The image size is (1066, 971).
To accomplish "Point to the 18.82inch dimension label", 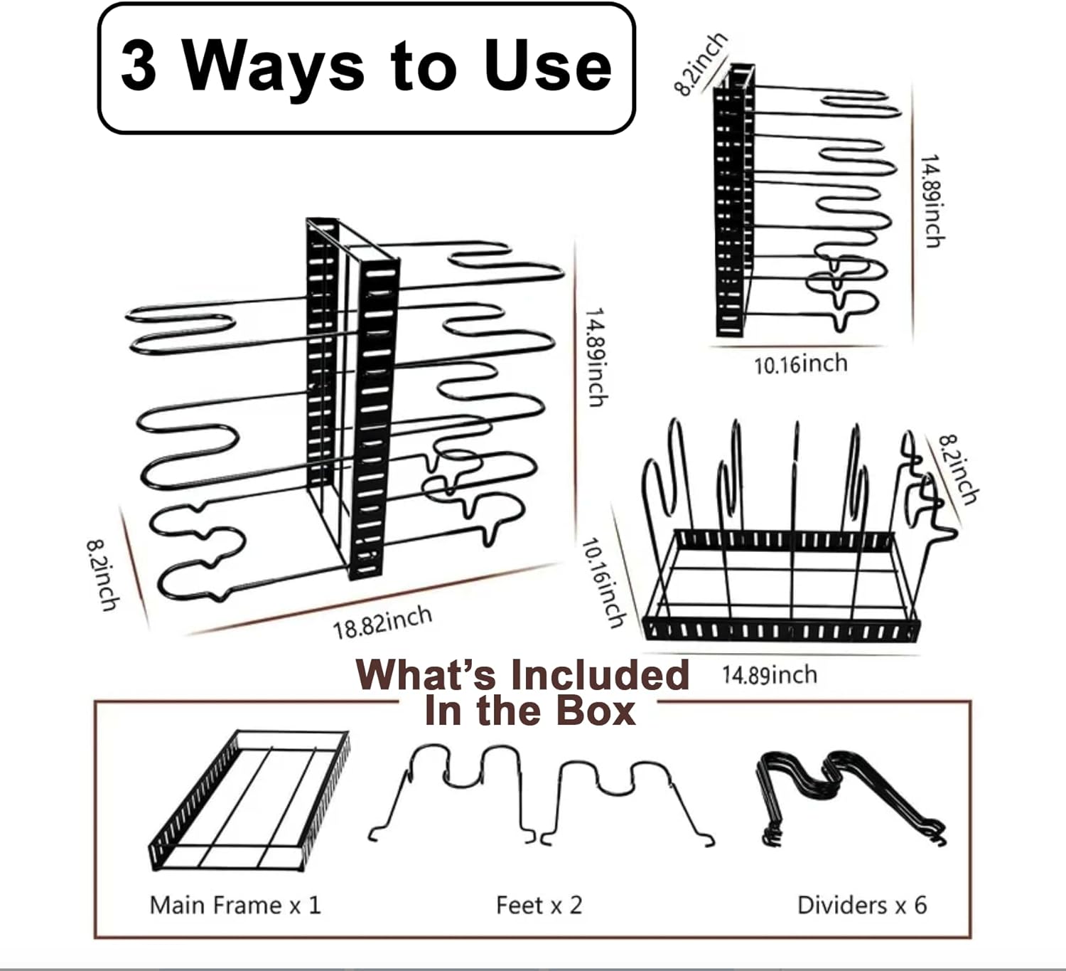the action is tap(382, 622).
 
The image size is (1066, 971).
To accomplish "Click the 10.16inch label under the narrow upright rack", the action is tap(801, 365).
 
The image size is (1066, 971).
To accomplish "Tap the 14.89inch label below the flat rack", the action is tap(769, 675).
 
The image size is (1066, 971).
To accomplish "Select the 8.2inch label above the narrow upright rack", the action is tap(700, 64).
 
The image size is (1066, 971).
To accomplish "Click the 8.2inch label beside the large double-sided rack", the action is tap(103, 575).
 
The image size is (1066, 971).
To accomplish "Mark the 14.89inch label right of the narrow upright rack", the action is tap(932, 201).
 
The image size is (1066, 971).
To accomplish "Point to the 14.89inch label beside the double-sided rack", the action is tap(595, 357).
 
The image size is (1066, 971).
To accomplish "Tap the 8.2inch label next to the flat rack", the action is tap(957, 469).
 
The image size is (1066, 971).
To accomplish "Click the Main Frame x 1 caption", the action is tap(235, 905).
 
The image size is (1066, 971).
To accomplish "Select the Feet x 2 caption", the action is tap(539, 905).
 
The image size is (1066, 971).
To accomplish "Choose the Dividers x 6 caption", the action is tap(862, 905).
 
